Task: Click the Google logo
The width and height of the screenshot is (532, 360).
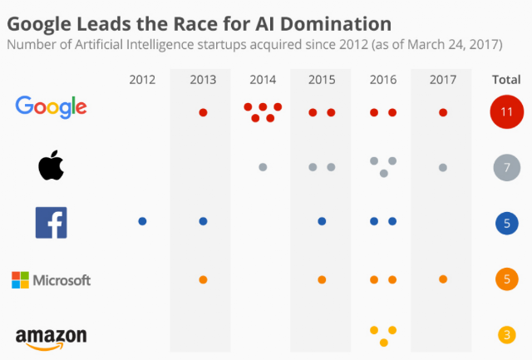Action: [51, 107]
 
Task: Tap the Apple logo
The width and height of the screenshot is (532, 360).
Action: [51, 165]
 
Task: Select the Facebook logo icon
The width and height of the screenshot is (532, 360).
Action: [52, 223]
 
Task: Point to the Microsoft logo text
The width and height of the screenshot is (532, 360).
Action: [62, 280]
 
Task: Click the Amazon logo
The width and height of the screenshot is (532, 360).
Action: [52, 338]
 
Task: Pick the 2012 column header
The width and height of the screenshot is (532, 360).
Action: [142, 80]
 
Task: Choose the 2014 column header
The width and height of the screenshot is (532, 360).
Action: [263, 80]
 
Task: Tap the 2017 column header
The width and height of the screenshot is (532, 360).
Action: [443, 80]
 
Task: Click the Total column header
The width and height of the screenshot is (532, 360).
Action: [506, 80]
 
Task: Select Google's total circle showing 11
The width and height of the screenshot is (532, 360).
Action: [507, 111]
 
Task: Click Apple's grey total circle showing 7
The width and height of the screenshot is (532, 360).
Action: [507, 167]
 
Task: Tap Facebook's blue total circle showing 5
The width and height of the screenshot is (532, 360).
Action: [507, 224]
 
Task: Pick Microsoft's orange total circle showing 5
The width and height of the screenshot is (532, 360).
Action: [507, 279]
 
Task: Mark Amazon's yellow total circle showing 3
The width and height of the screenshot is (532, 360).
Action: [507, 335]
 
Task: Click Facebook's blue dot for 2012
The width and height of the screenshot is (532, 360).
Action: [142, 221]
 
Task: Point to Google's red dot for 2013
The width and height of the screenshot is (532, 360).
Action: [203, 112]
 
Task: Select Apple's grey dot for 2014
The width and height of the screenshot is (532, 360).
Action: [263, 167]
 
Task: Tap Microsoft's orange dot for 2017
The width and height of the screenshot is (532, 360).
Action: [443, 279]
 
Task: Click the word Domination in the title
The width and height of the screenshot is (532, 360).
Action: [336, 24]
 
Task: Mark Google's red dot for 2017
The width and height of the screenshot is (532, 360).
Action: [443, 112]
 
